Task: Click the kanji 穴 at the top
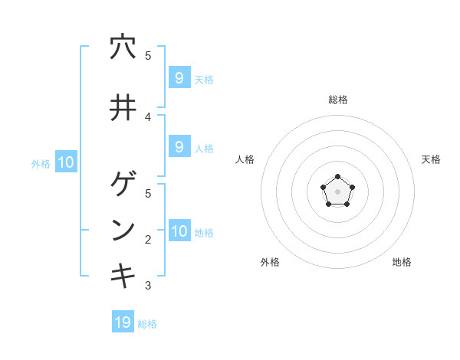[123, 47]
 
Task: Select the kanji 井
[123, 107]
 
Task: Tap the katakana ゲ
[123, 185]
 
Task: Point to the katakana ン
[123, 230]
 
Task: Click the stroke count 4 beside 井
[148, 116]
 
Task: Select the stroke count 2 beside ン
[148, 239]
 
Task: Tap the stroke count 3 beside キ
[148, 286]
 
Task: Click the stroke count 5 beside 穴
[148, 56]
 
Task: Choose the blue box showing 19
[123, 322]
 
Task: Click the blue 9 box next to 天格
[179, 77]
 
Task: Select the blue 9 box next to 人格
[179, 147]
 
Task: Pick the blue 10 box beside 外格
[65, 162]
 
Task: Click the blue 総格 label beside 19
[147, 324]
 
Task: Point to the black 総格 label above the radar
[337, 100]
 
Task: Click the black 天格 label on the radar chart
[431, 159]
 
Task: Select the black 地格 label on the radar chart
[402, 262]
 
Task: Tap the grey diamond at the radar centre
[337, 191]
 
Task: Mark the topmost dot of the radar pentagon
[337, 177]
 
